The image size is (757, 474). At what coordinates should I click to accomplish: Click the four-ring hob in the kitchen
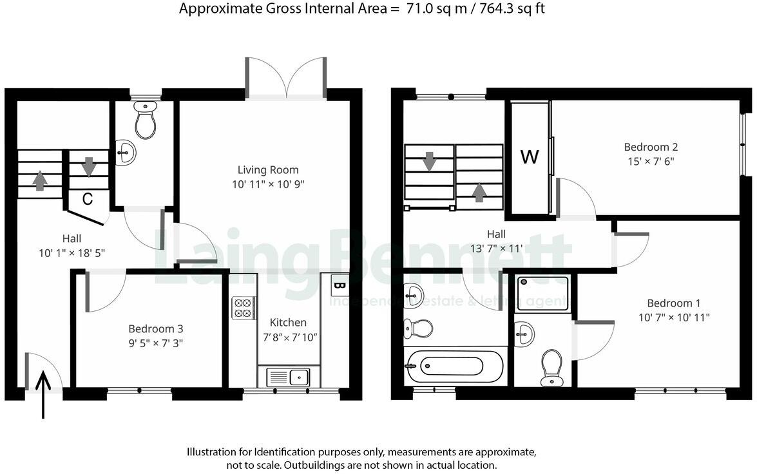pyautogui.click(x=244, y=308)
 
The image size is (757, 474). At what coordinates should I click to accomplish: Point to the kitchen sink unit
pyautogui.click(x=289, y=376)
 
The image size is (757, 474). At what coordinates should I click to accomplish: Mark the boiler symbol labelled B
pyautogui.click(x=339, y=284)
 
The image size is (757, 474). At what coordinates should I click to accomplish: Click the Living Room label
pyautogui.click(x=268, y=170)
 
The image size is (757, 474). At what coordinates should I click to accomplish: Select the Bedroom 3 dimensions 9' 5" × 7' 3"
pyautogui.click(x=155, y=343)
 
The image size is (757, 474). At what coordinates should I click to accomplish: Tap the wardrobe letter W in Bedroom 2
pyautogui.click(x=529, y=157)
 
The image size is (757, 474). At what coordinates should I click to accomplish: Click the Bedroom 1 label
pyautogui.click(x=674, y=303)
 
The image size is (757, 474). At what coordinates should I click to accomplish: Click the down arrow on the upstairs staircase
pyautogui.click(x=429, y=161)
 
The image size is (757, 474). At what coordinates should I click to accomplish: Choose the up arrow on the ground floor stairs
pyautogui.click(x=40, y=180)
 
